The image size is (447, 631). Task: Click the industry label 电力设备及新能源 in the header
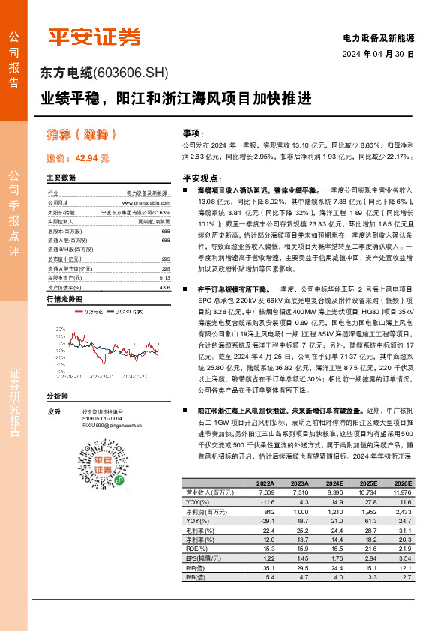378,37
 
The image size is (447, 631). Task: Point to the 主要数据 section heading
61,178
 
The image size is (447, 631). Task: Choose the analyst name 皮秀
53,411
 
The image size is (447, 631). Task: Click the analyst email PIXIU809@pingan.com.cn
108,423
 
